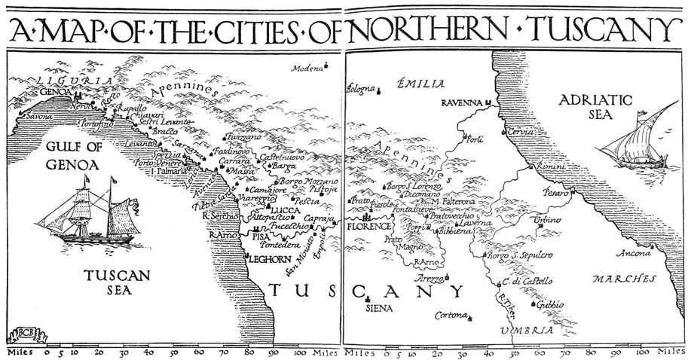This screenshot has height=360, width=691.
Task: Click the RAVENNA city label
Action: [461, 102]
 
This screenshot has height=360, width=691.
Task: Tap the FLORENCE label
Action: [369, 226]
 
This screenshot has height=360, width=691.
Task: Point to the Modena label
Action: [307, 69]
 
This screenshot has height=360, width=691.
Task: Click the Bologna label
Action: [359, 90]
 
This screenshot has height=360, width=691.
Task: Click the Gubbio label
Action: [549, 305]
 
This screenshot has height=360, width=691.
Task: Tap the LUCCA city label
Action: [284, 211]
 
